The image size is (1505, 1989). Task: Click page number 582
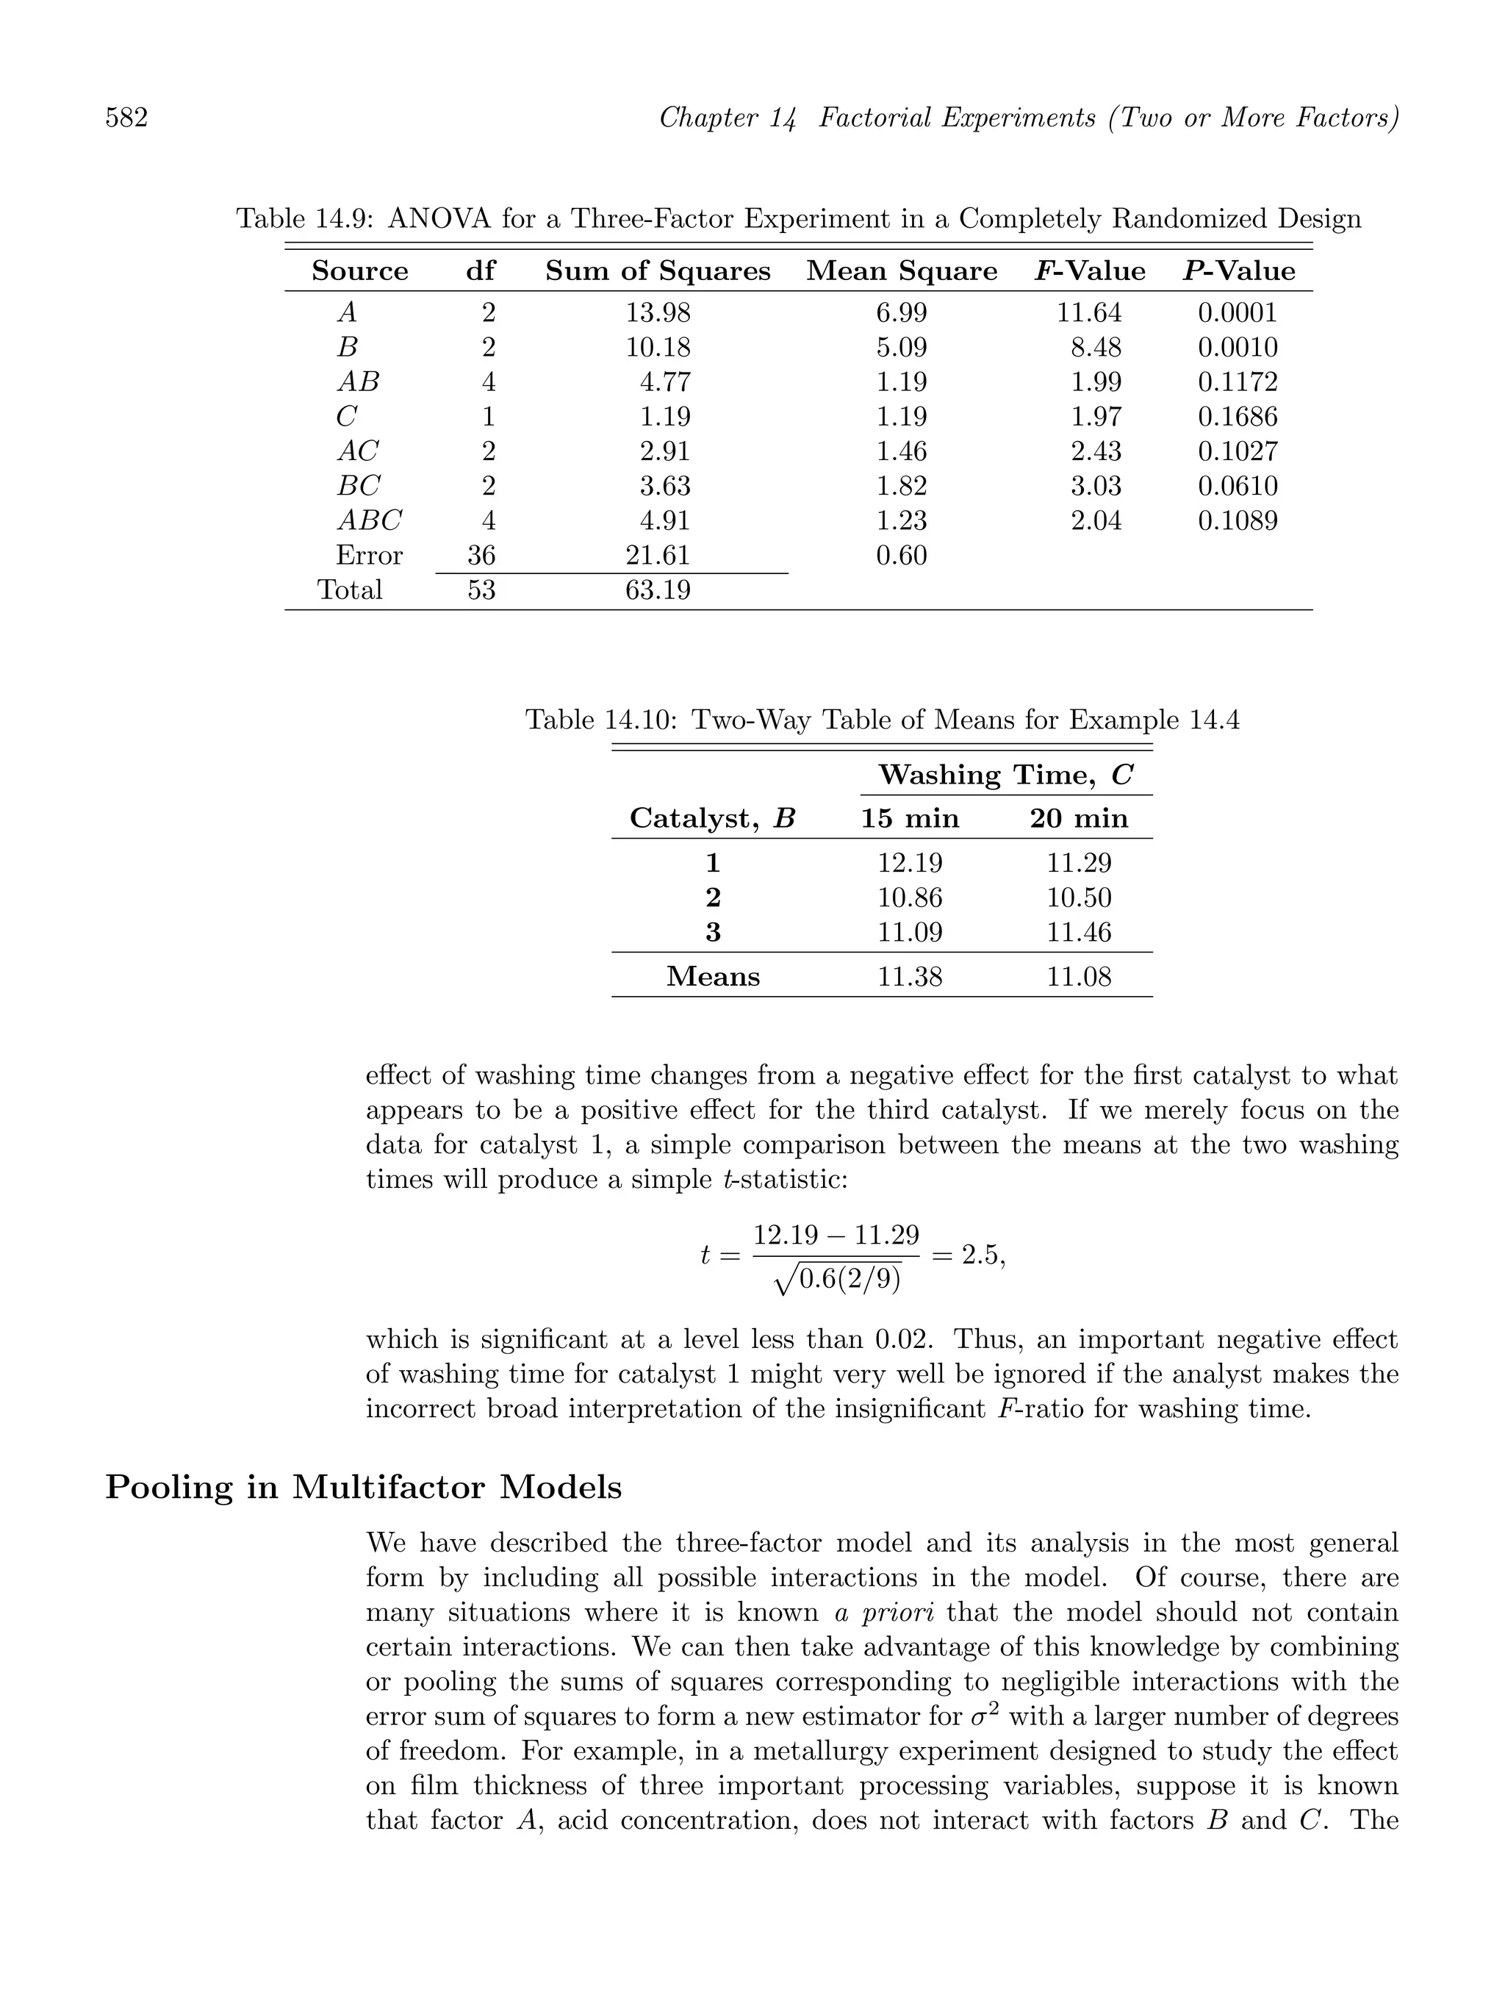point(127,118)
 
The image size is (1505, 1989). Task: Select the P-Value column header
point(1238,271)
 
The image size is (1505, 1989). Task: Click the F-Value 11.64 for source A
point(1089,313)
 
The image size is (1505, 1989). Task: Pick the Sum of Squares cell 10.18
point(658,347)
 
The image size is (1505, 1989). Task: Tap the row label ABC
point(369,520)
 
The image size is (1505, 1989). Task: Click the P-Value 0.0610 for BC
point(1237,487)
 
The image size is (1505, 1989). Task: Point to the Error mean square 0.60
point(901,556)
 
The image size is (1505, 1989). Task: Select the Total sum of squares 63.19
point(658,590)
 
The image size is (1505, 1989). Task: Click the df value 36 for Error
point(481,556)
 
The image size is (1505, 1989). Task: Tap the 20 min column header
point(1078,818)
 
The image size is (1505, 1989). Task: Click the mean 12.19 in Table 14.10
point(910,863)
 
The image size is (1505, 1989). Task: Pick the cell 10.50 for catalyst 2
point(1078,898)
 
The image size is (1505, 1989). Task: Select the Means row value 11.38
point(910,977)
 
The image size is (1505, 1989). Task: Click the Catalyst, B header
point(712,818)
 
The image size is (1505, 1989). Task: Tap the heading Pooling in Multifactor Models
point(363,1487)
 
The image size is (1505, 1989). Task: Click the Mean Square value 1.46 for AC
point(901,451)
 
